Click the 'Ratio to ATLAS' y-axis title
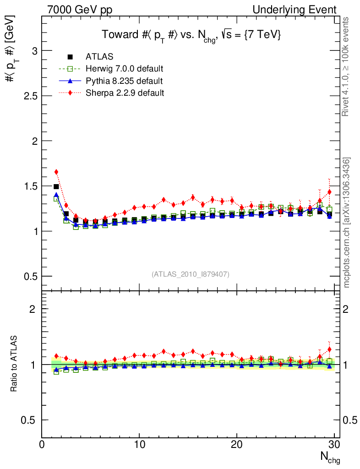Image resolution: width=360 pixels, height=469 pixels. pyautogui.click(x=15, y=364)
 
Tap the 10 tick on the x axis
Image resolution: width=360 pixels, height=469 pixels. pyautogui.click(x=139, y=445)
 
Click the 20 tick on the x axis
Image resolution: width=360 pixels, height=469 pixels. pyautogui.click(x=237, y=445)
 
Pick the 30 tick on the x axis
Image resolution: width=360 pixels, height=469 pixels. pyautogui.click(x=334, y=445)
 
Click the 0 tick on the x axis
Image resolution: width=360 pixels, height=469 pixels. pyautogui.click(x=42, y=445)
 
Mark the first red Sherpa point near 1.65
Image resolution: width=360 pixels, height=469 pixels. pyautogui.click(x=56, y=172)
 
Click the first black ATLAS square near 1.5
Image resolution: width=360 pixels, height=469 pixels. pyautogui.click(x=56, y=186)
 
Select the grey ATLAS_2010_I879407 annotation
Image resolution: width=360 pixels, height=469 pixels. pyautogui.click(x=191, y=274)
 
